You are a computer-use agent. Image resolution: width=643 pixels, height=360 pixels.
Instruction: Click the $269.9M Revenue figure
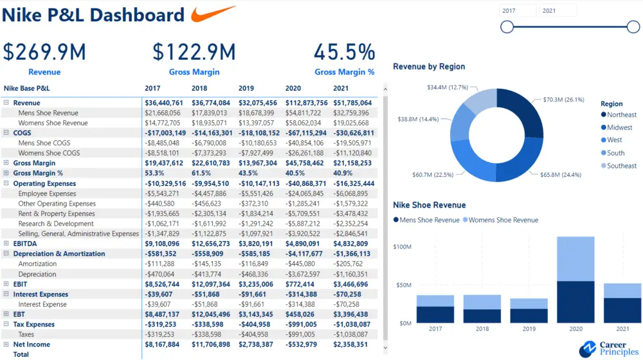coord(44,52)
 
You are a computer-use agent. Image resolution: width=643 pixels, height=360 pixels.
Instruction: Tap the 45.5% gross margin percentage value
coord(344,52)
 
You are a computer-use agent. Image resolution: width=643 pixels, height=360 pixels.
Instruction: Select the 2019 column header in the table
coord(246,88)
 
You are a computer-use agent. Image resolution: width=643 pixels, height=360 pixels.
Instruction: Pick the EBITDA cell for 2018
coord(210,244)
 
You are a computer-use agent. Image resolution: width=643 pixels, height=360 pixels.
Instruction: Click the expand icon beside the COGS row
coord(6,133)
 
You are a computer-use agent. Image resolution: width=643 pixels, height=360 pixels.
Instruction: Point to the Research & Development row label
coord(56,224)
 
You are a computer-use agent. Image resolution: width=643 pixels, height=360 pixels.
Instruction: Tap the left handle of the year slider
coord(507,26)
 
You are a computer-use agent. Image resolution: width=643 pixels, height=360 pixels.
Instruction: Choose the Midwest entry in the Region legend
coord(620,127)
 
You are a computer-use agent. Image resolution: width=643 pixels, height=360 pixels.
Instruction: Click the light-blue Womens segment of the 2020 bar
coord(575,258)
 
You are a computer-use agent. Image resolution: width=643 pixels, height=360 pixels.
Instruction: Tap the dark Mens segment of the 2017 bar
coord(435,314)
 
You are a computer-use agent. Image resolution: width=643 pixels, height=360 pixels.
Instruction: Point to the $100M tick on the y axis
coord(403,247)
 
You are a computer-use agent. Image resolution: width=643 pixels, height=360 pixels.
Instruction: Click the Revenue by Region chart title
coord(429,66)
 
